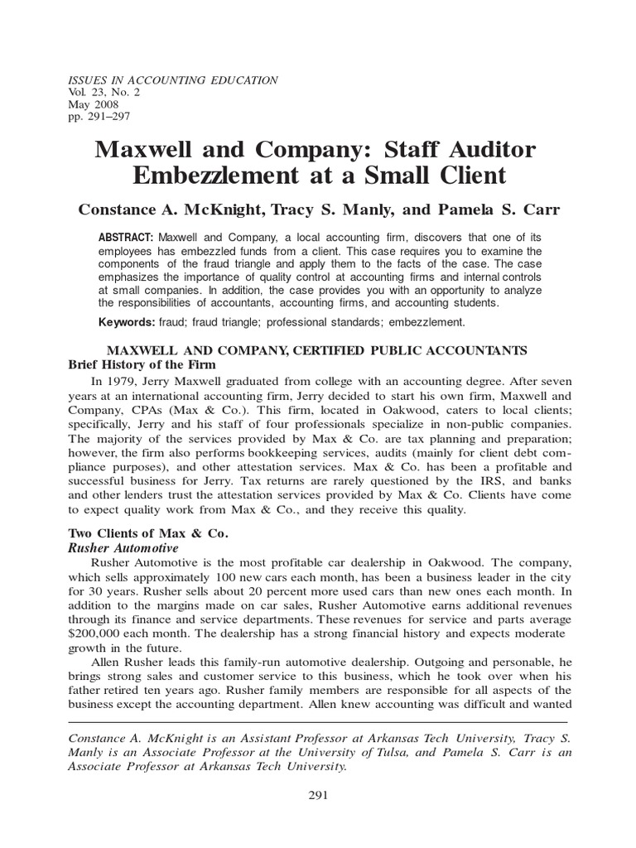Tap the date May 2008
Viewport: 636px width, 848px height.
click(92, 105)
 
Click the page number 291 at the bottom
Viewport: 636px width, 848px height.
click(318, 796)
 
